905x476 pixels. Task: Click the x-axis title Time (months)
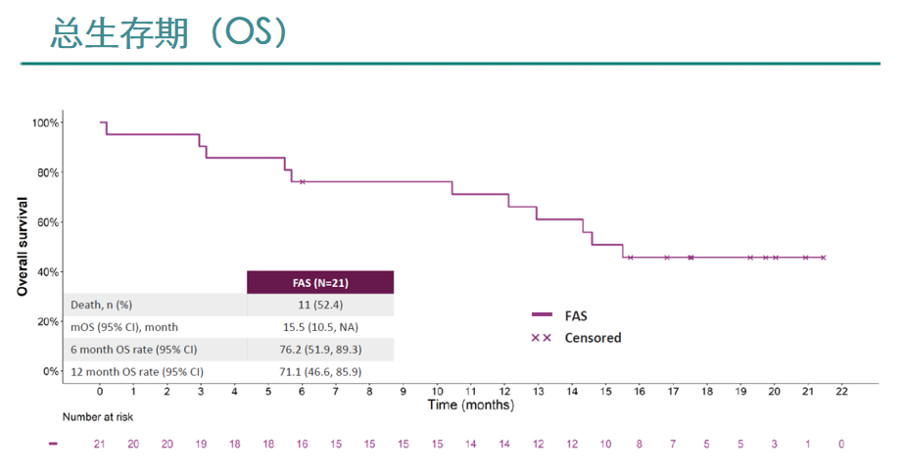pyautogui.click(x=471, y=405)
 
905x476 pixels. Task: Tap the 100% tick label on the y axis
pyautogui.click(x=46, y=123)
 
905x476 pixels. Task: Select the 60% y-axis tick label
pyautogui.click(x=46, y=222)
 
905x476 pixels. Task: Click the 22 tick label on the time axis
pyautogui.click(x=841, y=391)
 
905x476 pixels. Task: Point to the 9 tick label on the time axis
pyautogui.click(x=404, y=391)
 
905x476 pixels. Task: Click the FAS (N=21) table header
pyautogui.click(x=320, y=283)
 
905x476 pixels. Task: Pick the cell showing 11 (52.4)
pyautogui.click(x=320, y=305)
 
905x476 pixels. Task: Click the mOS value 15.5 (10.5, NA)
pyautogui.click(x=320, y=327)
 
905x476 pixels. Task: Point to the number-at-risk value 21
pyautogui.click(x=100, y=444)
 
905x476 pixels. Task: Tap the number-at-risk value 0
pyautogui.click(x=841, y=444)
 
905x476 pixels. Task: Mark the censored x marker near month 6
pyautogui.click(x=303, y=182)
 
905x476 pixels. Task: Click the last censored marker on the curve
pyautogui.click(x=823, y=258)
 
